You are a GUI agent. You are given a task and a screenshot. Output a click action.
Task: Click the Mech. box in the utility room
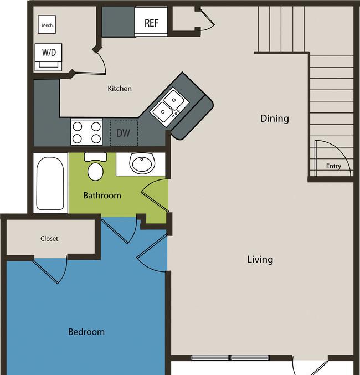tap(47, 24)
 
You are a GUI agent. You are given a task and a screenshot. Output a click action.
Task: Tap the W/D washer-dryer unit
tap(49, 57)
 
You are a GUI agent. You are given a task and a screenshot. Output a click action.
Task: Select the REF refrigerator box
tap(151, 22)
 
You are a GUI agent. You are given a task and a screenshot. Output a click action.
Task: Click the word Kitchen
tap(120, 89)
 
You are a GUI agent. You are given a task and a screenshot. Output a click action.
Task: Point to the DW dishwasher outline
tap(124, 133)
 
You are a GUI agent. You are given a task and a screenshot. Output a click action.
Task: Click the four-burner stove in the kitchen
tap(86, 132)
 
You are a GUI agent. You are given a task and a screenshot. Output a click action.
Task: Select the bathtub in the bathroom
tap(50, 183)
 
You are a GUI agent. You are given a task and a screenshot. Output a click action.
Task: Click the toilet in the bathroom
tap(95, 167)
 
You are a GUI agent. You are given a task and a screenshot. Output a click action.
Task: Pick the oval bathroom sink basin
tap(142, 163)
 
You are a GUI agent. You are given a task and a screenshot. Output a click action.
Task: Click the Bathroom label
tap(102, 196)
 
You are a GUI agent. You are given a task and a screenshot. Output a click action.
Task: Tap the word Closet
tap(49, 238)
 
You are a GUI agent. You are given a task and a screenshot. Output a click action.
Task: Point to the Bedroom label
tap(86, 332)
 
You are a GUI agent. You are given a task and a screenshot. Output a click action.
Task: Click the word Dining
tap(275, 119)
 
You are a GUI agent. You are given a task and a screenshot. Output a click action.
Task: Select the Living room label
tap(260, 259)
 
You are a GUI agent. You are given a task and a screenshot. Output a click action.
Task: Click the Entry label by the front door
tap(333, 166)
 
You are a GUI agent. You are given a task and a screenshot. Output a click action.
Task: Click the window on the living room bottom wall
tap(230, 357)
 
